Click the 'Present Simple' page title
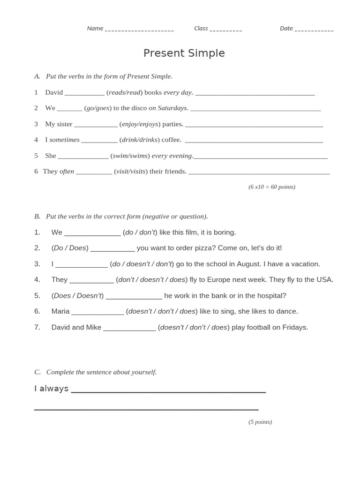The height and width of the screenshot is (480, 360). click(x=184, y=53)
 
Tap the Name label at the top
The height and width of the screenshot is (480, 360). click(x=95, y=29)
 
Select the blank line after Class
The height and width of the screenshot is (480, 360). click(x=225, y=30)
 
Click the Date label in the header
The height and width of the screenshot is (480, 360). click(x=286, y=29)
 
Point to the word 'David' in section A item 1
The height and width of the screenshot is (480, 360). click(x=54, y=92)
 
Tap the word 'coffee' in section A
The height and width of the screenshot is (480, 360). click(x=171, y=140)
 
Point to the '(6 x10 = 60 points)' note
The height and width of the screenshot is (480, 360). click(x=272, y=187)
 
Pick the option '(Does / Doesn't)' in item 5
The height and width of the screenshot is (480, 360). click(x=78, y=296)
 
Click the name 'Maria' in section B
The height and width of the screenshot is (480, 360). click(x=60, y=311)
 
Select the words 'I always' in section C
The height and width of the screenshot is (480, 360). click(x=52, y=389)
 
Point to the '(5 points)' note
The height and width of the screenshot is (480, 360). click(x=260, y=422)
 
